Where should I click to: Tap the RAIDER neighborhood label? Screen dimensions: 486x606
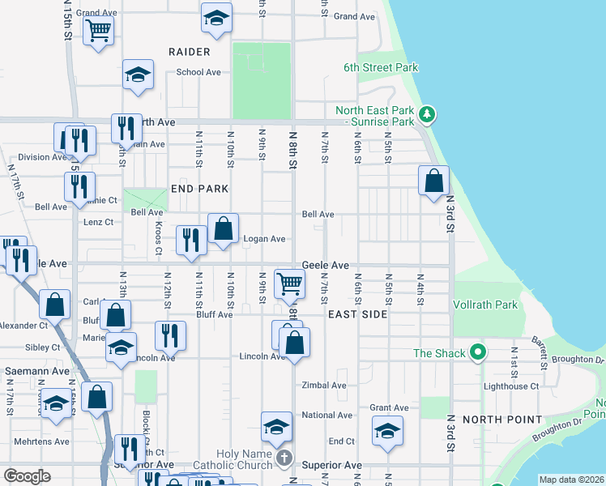(190, 52)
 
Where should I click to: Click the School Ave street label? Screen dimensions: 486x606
(198, 72)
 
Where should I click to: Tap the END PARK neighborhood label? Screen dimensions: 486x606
(199, 189)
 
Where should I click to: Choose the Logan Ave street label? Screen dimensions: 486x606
(265, 239)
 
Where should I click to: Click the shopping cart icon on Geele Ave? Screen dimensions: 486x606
(289, 283)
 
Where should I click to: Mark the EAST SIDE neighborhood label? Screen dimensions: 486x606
(357, 313)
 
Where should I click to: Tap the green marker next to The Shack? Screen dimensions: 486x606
(478, 352)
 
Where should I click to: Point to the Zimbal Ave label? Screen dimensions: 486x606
(323, 386)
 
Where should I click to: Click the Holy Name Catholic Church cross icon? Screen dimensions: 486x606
(284, 459)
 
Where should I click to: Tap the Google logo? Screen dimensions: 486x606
(28, 476)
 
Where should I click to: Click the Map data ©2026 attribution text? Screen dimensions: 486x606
(572, 480)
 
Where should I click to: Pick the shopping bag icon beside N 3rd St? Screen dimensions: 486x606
(433, 181)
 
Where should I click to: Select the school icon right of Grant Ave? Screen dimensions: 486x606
(388, 431)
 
